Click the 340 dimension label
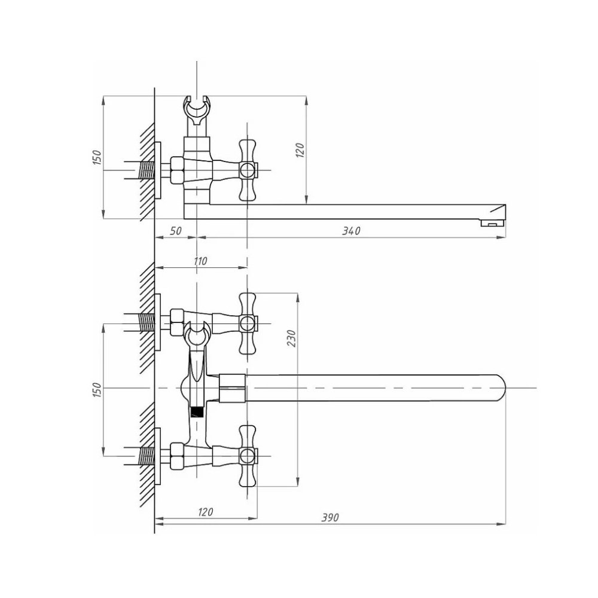click(x=351, y=230)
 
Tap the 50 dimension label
click(x=175, y=231)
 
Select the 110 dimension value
click(x=200, y=261)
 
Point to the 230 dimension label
click(x=291, y=338)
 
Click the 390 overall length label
click(x=330, y=517)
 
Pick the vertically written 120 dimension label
click(x=300, y=150)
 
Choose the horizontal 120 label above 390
click(x=205, y=511)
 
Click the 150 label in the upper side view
click(x=97, y=157)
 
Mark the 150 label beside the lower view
click(x=97, y=390)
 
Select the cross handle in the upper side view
click(x=247, y=170)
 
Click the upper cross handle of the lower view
click(x=247, y=324)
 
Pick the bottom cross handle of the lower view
click(x=247, y=456)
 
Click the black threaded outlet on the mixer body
click(x=196, y=412)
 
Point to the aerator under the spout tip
click(x=492, y=222)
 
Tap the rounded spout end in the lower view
click(x=499, y=388)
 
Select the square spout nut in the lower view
click(x=232, y=388)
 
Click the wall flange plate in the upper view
click(x=157, y=170)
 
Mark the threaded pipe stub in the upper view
click(x=146, y=170)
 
